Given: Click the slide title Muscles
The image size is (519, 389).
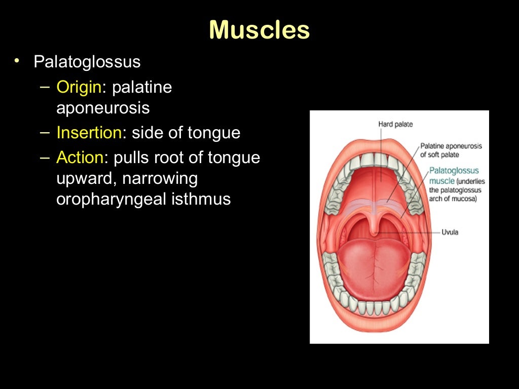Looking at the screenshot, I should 259,30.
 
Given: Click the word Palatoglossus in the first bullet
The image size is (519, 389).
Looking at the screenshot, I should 87,62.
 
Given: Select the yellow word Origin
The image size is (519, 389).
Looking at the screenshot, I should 79,87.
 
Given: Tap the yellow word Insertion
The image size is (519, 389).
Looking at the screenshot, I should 89,133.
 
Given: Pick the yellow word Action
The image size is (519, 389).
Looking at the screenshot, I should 80,158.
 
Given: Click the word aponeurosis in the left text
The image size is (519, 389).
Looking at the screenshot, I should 103,108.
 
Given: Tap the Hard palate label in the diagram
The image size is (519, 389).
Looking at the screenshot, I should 395,124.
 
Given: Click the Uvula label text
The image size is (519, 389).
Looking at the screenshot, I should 450,232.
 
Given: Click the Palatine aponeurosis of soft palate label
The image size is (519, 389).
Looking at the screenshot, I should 451,150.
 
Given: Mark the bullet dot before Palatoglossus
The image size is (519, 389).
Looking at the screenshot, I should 17,61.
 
